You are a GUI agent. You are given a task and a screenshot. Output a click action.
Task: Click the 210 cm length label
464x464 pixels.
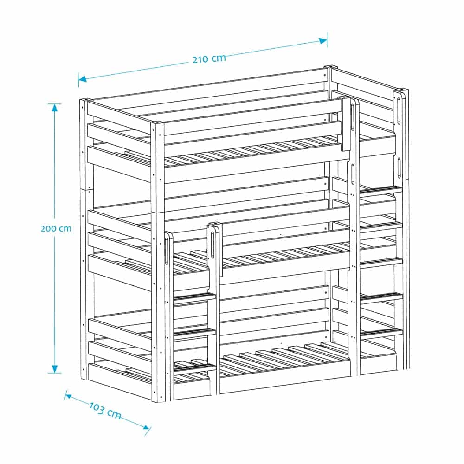(x=209, y=58)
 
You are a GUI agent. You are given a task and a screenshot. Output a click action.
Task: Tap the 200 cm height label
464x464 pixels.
(x=56, y=228)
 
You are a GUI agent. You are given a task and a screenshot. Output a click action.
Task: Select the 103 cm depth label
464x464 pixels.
(x=105, y=410)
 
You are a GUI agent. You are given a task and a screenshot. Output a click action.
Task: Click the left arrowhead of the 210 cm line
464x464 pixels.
(x=82, y=79)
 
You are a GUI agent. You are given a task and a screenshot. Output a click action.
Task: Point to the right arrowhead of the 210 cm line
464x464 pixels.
(x=322, y=40)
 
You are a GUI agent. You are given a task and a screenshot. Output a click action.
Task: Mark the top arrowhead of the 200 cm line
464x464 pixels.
(x=54, y=108)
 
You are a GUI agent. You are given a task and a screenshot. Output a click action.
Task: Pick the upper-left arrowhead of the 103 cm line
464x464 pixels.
(x=68, y=396)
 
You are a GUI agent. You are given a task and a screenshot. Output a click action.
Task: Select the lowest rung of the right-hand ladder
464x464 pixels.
(x=381, y=333)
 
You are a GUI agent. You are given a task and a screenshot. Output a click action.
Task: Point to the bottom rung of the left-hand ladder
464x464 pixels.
(x=194, y=368)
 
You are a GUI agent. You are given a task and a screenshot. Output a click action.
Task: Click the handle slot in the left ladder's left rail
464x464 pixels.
(x=166, y=251)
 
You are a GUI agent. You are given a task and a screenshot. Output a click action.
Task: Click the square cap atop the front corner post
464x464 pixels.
(x=157, y=122)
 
